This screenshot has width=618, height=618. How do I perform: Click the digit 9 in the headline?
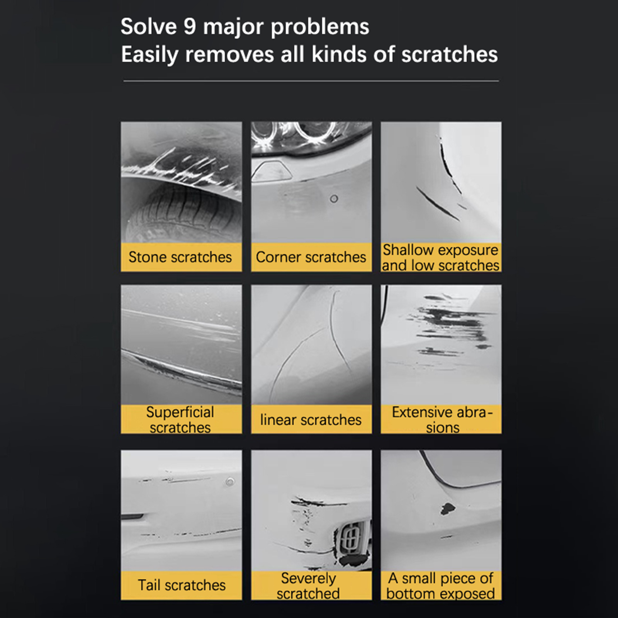[x=190, y=27]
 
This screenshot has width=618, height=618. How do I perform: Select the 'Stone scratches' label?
[x=180, y=257]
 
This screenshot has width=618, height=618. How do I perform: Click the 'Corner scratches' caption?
[x=311, y=257]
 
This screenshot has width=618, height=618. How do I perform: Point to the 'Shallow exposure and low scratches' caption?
[x=441, y=258]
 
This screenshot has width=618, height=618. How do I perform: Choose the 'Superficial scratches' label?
[x=180, y=420]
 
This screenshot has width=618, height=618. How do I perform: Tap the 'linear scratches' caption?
[x=311, y=419]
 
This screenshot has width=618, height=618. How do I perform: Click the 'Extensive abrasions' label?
[x=442, y=420]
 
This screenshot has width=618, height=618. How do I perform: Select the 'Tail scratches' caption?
[x=182, y=585]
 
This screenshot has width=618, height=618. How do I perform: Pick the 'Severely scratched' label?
[x=308, y=586]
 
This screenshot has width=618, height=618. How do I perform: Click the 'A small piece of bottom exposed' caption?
[x=441, y=586]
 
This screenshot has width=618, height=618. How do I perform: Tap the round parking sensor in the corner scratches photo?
[x=334, y=199]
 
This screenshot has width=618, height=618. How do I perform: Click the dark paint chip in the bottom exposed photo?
[x=448, y=509]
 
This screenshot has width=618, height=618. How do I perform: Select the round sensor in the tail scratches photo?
[x=230, y=482]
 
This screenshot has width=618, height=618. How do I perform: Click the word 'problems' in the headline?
[x=320, y=27]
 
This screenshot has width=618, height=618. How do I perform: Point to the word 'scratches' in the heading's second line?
[x=450, y=54]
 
